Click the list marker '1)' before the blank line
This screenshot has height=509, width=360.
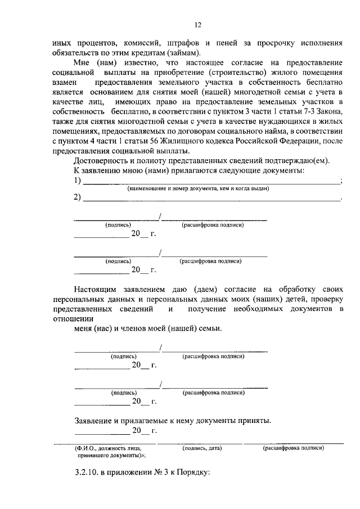[79, 181]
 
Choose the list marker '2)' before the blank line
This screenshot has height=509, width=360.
[79, 198]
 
